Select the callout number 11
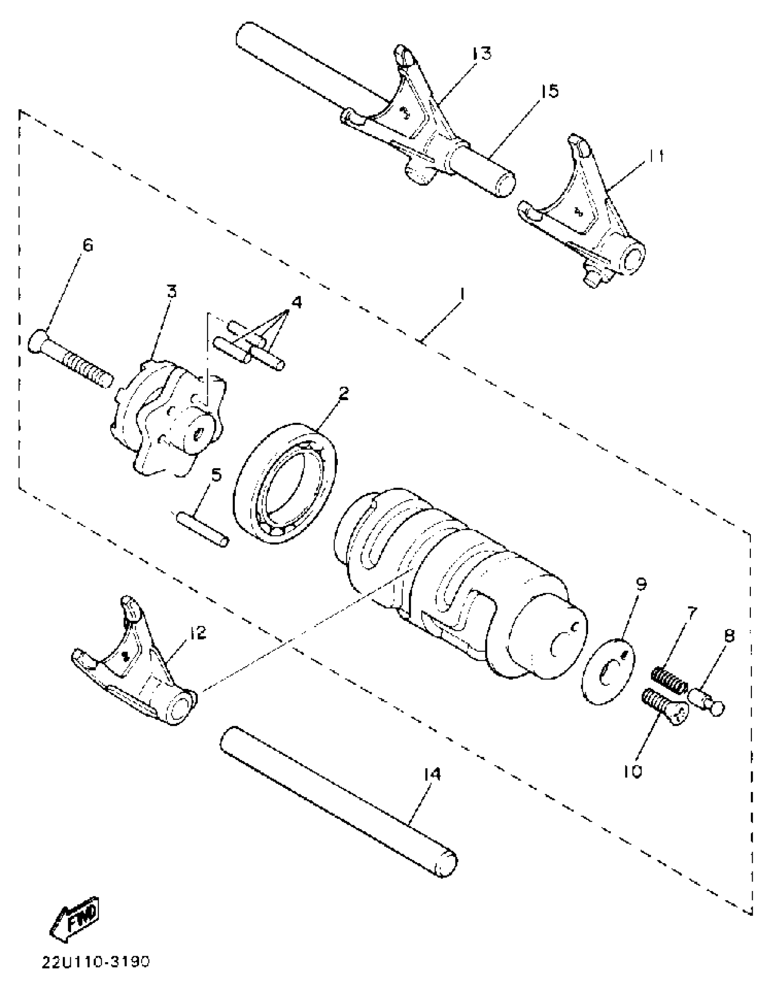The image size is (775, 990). [654, 156]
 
